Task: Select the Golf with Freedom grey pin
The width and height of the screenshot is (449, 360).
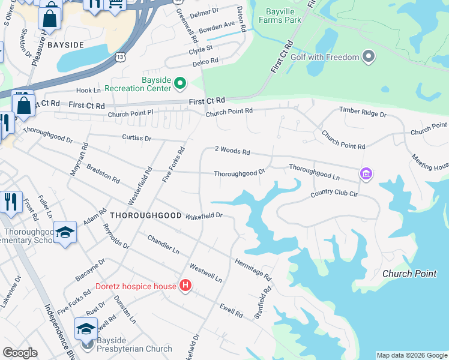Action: click(x=369, y=58)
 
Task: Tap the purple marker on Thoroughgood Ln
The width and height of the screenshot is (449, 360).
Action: click(x=365, y=175)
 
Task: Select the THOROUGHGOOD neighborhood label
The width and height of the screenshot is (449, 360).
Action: click(x=145, y=214)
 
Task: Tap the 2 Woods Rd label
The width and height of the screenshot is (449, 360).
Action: click(x=232, y=151)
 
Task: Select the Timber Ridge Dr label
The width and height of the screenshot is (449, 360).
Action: click(x=363, y=112)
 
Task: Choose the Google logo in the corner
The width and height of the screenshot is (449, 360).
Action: click(x=20, y=353)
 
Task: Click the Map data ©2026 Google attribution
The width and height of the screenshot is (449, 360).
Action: click(x=411, y=355)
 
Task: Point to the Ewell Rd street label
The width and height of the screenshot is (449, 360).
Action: click(x=231, y=310)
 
